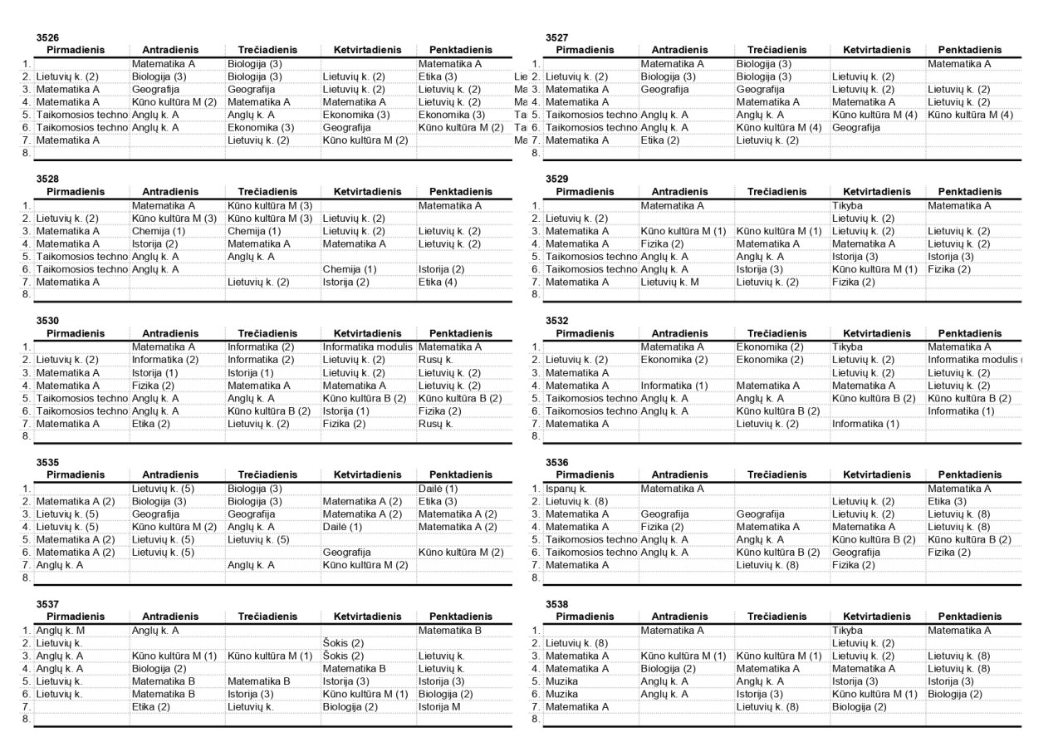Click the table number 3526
coord(47,37)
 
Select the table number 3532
coord(556,321)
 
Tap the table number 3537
coord(47,604)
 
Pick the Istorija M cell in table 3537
coord(439,706)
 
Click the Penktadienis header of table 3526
coord(455,50)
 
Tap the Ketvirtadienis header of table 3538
coord(877,617)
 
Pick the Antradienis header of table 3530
coord(170,333)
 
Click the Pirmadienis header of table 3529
coord(585,191)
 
